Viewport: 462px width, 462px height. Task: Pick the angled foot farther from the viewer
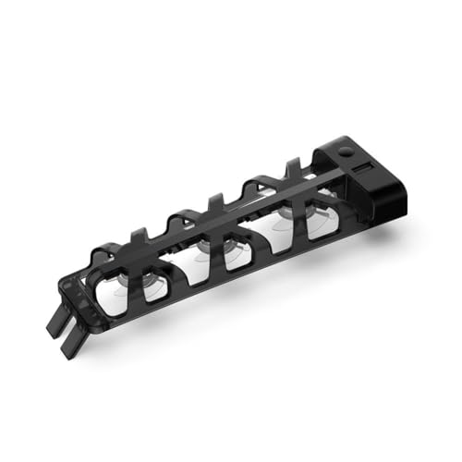point(53,324)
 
